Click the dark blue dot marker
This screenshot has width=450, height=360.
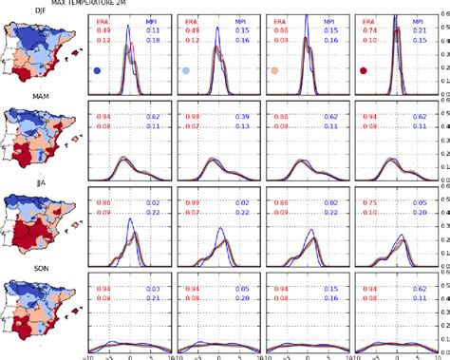click(98, 71)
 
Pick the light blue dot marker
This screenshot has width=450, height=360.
click(186, 71)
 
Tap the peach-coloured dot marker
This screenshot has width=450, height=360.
click(274, 71)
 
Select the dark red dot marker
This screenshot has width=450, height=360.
click(363, 71)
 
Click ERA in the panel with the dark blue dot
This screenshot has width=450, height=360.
click(102, 21)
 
